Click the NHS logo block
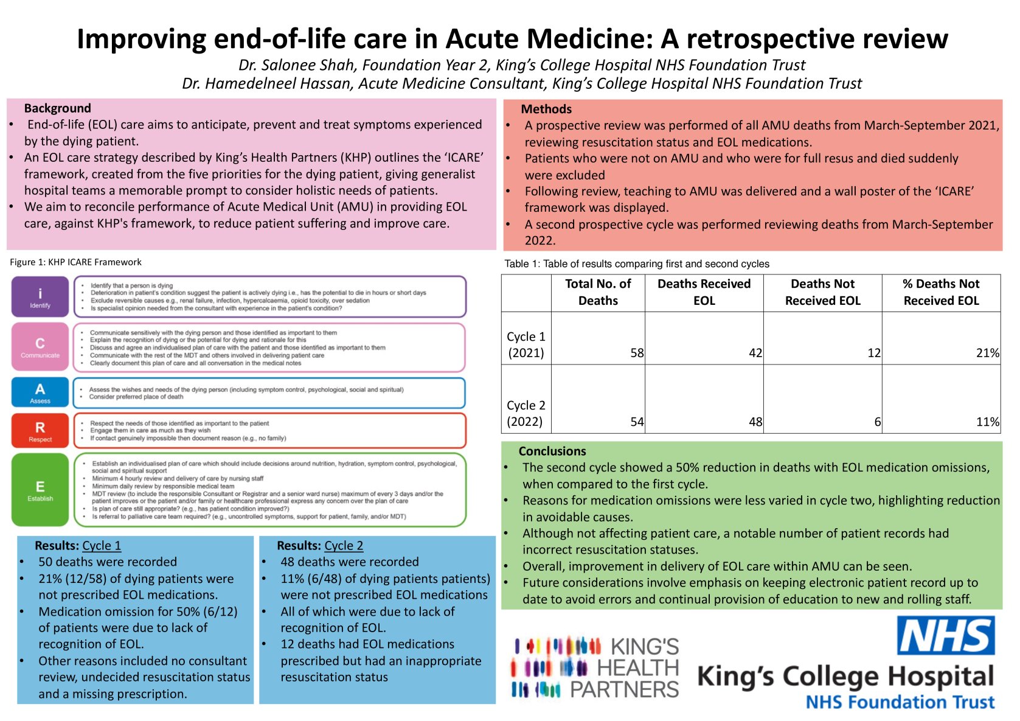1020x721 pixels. [946, 636]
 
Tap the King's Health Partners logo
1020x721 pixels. [595, 667]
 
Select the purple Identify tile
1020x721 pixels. [40, 296]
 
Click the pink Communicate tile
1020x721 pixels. [40, 347]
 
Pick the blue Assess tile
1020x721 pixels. [40, 392]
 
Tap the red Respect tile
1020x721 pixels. [40, 431]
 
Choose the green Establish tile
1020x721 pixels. [40, 490]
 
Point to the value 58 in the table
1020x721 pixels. [637, 353]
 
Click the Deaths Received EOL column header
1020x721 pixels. [704, 292]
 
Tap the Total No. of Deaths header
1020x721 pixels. [598, 292]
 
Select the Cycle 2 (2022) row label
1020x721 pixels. [526, 413]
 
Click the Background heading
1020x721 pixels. [58, 108]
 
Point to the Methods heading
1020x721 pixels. [546, 110]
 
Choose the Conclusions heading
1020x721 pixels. [552, 451]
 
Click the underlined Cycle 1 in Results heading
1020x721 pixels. [102, 546]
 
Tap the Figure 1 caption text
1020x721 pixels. [75, 262]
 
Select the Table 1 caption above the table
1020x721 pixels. [637, 264]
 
